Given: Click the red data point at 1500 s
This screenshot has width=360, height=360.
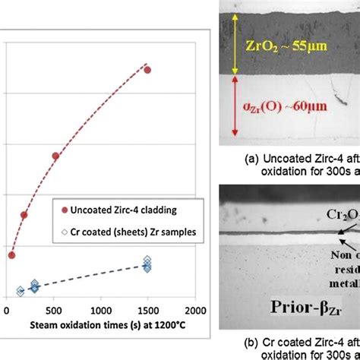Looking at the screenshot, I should click(x=147, y=70).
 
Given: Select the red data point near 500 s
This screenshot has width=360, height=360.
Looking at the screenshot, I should click(x=55, y=156).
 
